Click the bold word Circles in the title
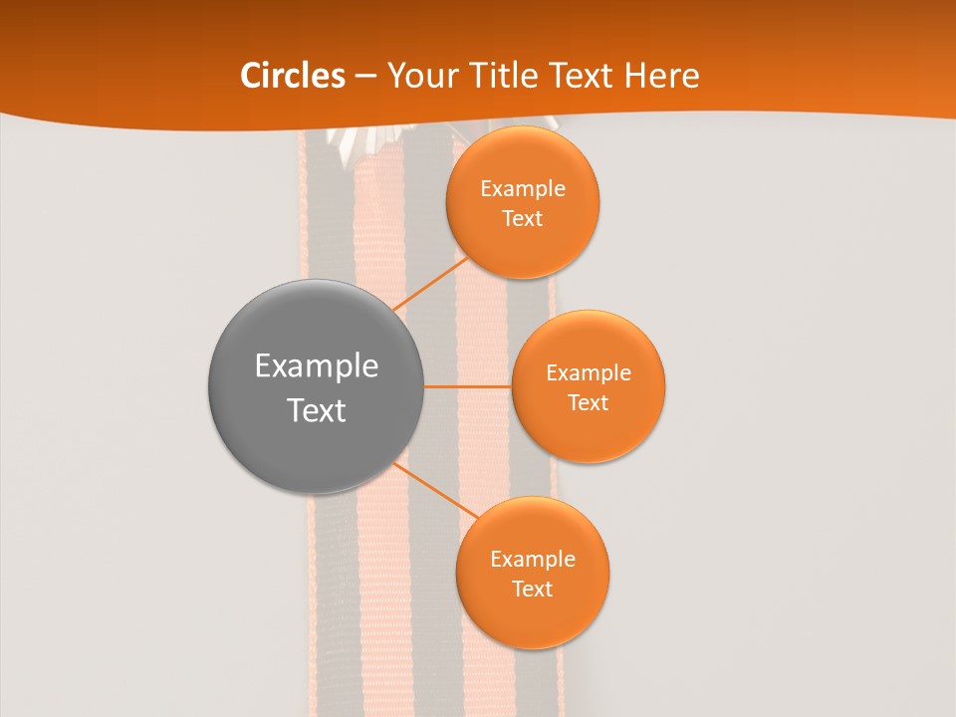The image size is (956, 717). [x=292, y=76]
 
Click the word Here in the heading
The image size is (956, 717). [x=662, y=76]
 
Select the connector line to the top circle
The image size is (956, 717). [x=430, y=285]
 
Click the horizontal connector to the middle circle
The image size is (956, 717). [x=467, y=385]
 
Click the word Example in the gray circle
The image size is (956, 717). [x=316, y=366]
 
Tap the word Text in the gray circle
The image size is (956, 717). [x=316, y=410]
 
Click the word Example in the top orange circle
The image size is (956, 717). [x=522, y=189]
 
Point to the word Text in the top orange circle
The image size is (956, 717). [x=522, y=219]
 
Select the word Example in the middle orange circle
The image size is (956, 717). [x=588, y=373]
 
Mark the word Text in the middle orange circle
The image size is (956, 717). [x=588, y=403]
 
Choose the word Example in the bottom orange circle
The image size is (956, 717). [x=532, y=560]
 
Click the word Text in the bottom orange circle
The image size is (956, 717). [x=532, y=590]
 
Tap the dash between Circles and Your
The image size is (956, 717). [x=365, y=77]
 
